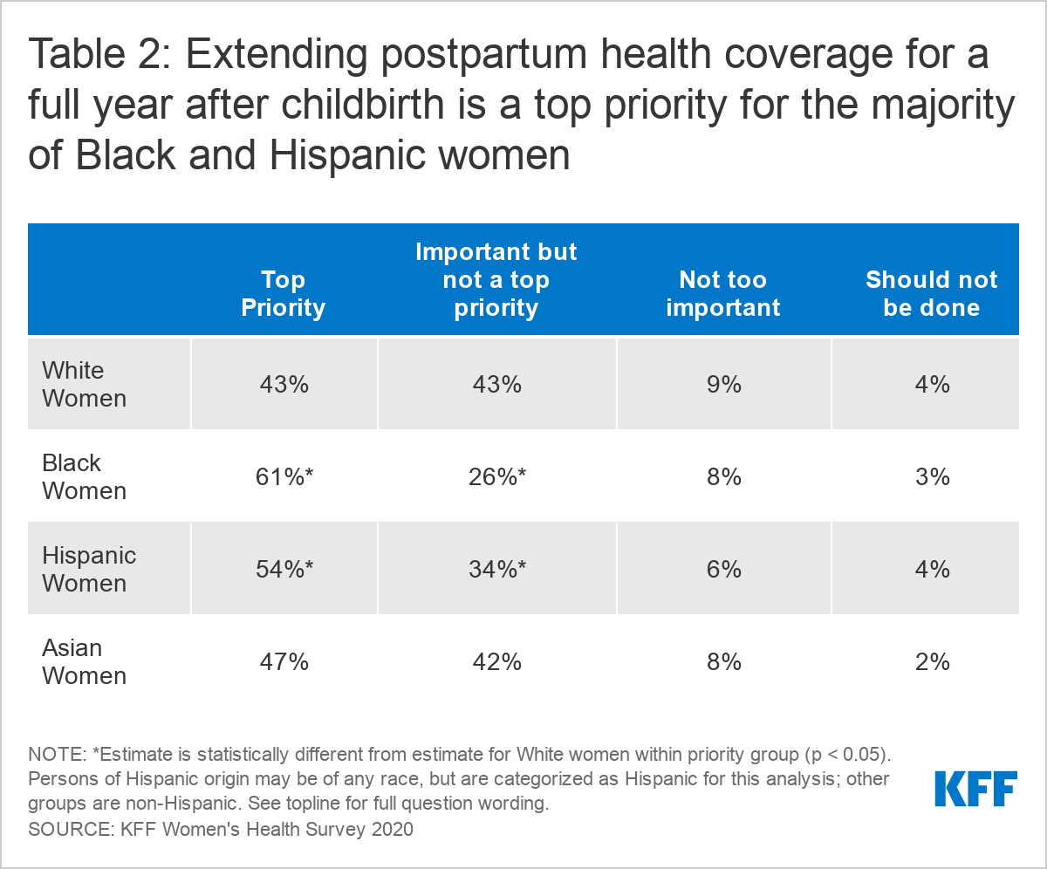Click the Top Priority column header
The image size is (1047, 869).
point(284,293)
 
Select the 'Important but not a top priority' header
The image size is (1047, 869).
point(496,279)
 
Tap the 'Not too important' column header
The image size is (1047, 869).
point(722,293)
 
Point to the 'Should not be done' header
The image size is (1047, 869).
point(931,293)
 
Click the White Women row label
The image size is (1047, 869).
point(85,384)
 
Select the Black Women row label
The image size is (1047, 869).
point(85,476)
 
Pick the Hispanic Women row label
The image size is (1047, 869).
point(89,569)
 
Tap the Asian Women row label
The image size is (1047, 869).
point(85,661)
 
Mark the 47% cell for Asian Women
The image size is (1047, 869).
point(284,662)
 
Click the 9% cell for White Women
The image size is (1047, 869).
point(723,385)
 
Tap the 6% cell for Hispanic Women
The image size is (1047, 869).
point(723,570)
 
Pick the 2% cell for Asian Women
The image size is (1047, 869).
point(931,662)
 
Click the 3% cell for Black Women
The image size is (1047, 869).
point(931,477)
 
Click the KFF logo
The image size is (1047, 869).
point(975,789)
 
